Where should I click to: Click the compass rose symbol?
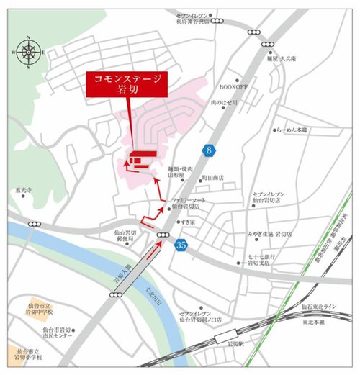tap(28, 51)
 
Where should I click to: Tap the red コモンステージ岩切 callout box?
tap(126, 84)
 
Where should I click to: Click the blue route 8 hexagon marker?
tap(210, 150)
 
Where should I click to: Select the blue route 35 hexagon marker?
tap(182, 246)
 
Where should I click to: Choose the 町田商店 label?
tap(212, 177)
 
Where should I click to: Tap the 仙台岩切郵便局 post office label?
tap(125, 237)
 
